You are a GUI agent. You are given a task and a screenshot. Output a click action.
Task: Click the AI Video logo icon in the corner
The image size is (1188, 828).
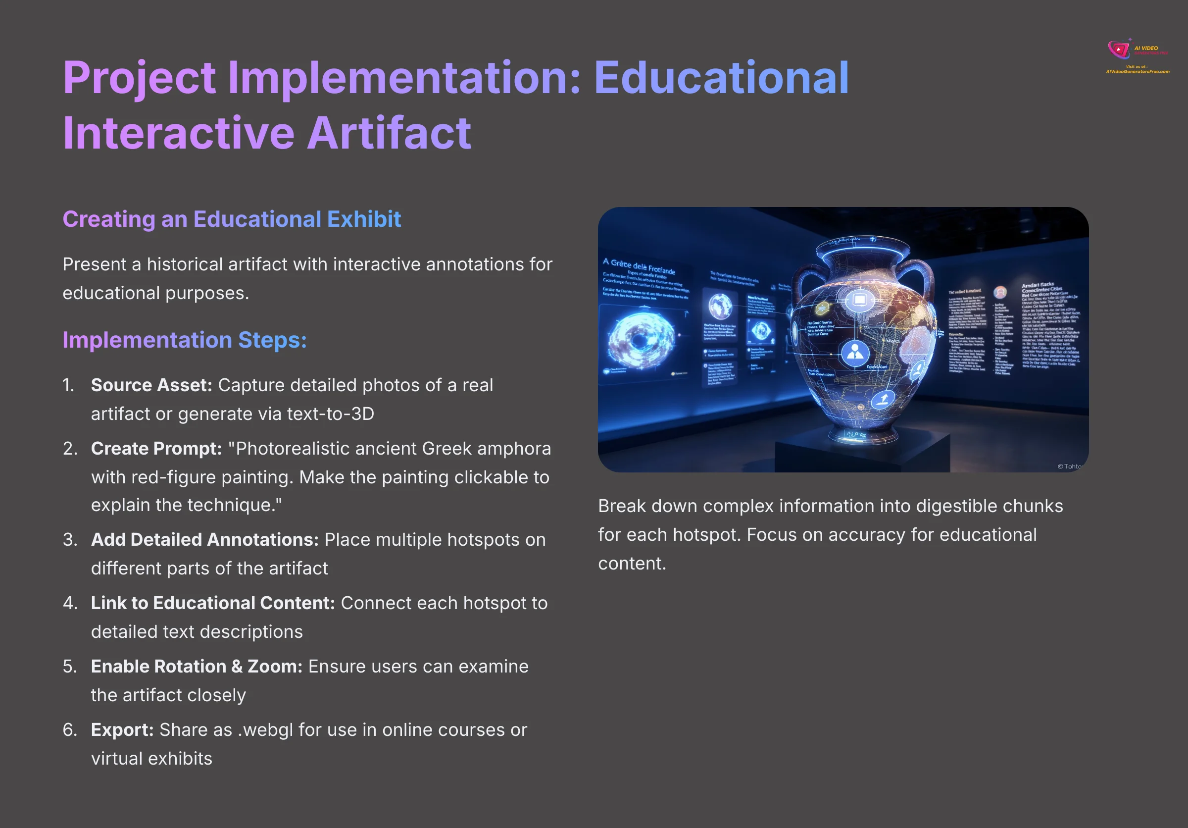coord(1118,50)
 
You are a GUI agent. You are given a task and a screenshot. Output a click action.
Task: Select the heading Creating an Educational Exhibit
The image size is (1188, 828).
coord(231,219)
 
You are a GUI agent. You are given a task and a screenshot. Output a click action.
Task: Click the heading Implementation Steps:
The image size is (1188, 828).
coord(184,340)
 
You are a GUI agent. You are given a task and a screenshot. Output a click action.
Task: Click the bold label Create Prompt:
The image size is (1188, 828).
coord(156,449)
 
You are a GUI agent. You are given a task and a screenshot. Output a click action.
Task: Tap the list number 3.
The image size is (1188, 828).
coord(69,540)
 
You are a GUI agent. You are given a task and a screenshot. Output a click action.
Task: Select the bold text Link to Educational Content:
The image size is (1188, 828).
coord(213,603)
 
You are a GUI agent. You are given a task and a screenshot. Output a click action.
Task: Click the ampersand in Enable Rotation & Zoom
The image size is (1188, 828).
coord(237,667)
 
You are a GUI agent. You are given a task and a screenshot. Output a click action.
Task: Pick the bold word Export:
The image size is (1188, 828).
coord(122,729)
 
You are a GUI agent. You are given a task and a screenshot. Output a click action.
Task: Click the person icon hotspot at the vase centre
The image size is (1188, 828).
coord(855,353)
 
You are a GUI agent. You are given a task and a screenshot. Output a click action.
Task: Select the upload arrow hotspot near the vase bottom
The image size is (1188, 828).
coord(883,399)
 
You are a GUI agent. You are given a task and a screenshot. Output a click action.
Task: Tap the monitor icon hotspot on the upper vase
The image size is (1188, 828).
coord(859,300)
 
